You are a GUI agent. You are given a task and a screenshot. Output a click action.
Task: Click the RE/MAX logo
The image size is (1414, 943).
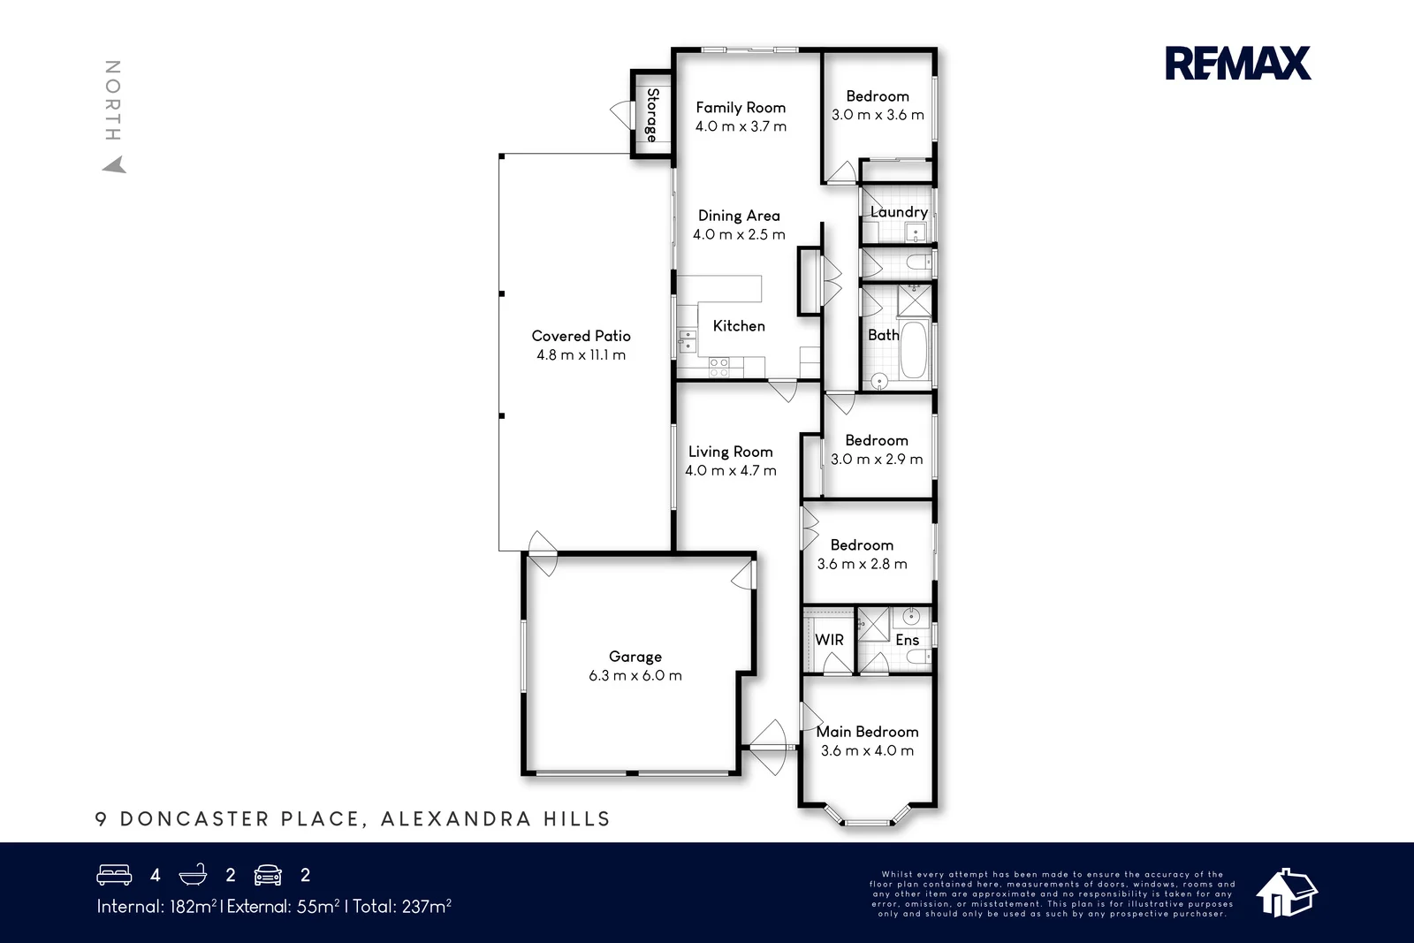tap(1237, 64)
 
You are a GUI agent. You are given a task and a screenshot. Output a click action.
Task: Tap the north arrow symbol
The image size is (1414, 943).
tap(114, 164)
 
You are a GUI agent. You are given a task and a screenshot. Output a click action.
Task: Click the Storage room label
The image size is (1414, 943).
tap(652, 115)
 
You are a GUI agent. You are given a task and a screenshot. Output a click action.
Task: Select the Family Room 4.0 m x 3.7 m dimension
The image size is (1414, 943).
tap(741, 126)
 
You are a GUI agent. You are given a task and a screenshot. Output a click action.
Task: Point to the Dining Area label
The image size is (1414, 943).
tap(739, 216)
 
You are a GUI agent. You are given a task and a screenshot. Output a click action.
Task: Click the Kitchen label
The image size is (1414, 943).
tap(739, 326)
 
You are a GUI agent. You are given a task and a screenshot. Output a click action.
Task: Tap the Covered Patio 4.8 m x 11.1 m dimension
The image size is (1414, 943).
tap(581, 355)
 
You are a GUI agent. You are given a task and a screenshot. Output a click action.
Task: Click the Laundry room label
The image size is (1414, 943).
tap(899, 212)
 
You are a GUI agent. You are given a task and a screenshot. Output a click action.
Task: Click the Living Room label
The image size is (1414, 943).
tap(730, 452)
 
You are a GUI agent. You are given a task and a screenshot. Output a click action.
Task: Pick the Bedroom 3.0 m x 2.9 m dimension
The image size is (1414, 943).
tap(877, 460)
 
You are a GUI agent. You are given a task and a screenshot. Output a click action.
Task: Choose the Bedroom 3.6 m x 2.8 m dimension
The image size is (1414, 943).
tap(862, 564)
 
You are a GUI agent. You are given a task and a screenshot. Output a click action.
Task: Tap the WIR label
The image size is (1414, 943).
tap(829, 640)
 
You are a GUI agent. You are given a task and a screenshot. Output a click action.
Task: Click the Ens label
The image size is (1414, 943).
tap(907, 640)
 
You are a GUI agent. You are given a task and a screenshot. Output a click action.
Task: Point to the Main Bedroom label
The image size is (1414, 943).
tap(867, 732)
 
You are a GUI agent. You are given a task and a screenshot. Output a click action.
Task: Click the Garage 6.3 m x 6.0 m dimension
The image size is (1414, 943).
tap(635, 676)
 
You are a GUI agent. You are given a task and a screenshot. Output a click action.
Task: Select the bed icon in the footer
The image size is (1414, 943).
tap(114, 875)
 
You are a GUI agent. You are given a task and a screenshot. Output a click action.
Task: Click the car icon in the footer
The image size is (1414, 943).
tap(268, 875)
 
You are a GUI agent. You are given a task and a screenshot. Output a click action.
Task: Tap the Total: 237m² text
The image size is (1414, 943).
tap(402, 906)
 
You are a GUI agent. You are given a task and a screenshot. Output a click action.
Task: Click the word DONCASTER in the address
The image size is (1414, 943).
tap(194, 819)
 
